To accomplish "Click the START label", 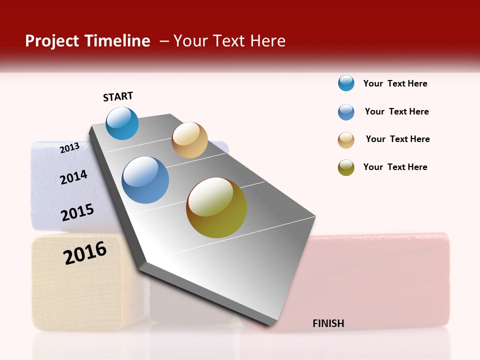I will (118, 96).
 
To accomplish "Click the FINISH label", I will (328, 323).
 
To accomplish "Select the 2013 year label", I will (69, 147).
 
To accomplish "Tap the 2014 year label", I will (73, 177).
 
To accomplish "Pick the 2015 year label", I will (77, 212).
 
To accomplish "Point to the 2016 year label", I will (85, 252).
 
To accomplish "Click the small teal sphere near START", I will (122, 123).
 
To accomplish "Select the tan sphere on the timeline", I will (189, 140).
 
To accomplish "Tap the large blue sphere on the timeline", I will (145, 180).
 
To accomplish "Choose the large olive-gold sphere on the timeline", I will (216, 207).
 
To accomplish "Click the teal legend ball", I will (346, 83).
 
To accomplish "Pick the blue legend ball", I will (346, 112).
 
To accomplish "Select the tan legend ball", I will (346, 140).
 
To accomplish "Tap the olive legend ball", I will (346, 167).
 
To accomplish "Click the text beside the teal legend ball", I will (395, 83).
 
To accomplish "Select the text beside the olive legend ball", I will (395, 167).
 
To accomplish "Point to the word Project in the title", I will (51, 41).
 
